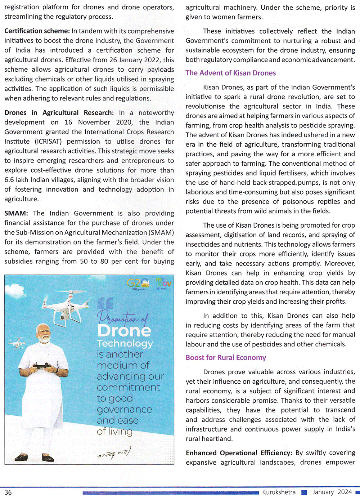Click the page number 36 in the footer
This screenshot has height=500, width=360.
8,492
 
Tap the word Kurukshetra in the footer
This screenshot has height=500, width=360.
279,492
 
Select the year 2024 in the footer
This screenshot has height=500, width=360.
345,492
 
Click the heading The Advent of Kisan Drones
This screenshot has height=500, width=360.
230,73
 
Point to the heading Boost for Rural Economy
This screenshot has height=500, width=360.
226,358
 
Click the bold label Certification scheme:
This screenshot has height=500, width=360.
37,31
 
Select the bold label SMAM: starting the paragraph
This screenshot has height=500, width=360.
16,213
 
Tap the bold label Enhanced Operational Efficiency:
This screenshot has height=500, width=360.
239,453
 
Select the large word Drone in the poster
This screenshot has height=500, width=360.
124,331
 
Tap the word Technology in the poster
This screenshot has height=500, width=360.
125,343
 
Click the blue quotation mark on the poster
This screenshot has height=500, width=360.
105,303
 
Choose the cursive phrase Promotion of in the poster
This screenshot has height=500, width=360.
123,317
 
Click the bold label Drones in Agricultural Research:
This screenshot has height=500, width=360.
59,113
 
